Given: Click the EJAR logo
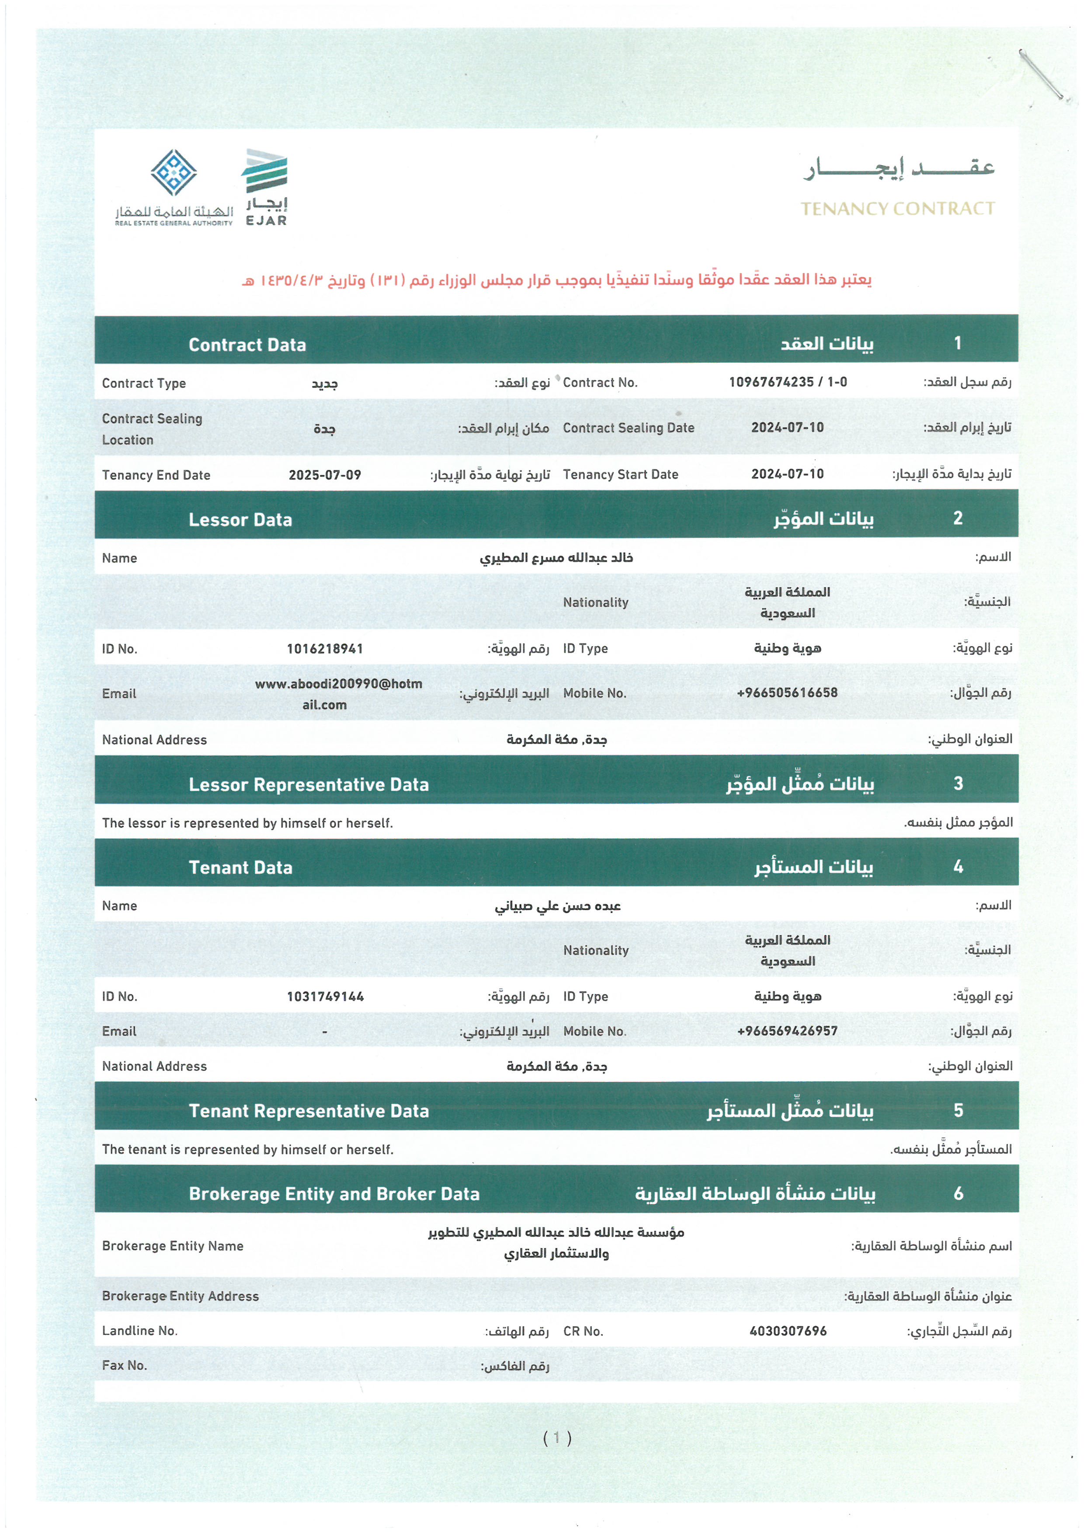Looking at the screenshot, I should click(265, 187).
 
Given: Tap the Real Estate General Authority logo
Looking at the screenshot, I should click(174, 188).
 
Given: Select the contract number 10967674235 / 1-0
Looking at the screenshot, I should click(788, 382).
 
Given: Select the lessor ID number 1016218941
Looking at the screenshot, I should click(325, 648).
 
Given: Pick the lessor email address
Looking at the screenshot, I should click(338, 694).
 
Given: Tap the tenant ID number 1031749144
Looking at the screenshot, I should click(325, 996).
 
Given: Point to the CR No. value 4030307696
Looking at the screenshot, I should click(788, 1331).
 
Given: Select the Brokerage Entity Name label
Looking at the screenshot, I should click(173, 1246).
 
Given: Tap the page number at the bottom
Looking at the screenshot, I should click(557, 1438).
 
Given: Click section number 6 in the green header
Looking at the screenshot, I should click(958, 1193).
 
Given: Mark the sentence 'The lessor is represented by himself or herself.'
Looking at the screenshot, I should click(248, 823).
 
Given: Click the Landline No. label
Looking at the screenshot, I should click(139, 1331).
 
